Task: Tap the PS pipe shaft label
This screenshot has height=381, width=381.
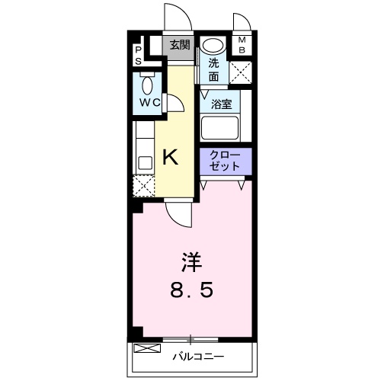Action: point(139,54)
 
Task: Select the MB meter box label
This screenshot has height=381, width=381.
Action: point(242,46)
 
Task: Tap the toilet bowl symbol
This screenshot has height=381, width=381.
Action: point(148,82)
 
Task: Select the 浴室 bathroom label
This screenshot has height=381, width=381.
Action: point(222,104)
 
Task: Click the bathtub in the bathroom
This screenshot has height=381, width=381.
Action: point(220,127)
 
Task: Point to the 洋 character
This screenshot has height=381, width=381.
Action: point(190,261)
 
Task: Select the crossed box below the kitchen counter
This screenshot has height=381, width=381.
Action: point(143,186)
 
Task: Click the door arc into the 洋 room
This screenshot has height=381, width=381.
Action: point(177,214)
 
